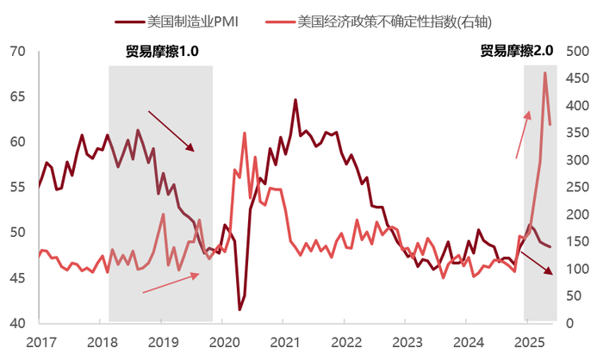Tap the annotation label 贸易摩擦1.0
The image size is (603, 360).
pyautogui.click(x=162, y=52)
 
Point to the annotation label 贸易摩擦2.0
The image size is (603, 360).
pyautogui.click(x=516, y=52)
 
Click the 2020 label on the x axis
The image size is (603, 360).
pyautogui.click(x=223, y=342)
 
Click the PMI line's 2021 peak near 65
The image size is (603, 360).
pyautogui.click(x=295, y=100)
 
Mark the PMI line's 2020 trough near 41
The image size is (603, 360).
pyautogui.click(x=240, y=308)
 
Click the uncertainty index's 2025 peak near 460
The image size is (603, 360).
pyautogui.click(x=544, y=73)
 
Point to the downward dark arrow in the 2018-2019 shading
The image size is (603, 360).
pyautogui.click(x=171, y=131)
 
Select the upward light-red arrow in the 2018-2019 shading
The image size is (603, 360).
pyautogui.click(x=171, y=283)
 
